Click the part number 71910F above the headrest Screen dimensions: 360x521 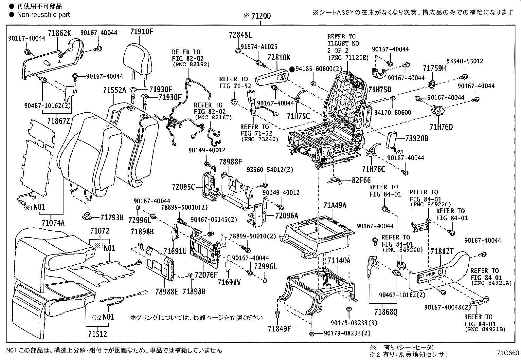click(x=141, y=32)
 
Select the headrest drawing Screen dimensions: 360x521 click(x=139, y=59)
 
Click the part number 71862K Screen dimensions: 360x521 click(x=59, y=33)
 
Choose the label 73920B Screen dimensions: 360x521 click(x=416, y=138)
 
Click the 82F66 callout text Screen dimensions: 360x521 click(x=361, y=180)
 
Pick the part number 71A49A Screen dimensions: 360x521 click(x=334, y=206)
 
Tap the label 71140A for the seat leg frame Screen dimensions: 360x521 click(x=339, y=261)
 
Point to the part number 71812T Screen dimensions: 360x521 click(x=442, y=251)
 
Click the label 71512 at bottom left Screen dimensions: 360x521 click(x=97, y=334)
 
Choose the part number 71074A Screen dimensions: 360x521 click(x=53, y=223)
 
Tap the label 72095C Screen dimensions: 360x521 click(x=183, y=187)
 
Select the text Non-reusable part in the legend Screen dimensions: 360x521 click(x=43, y=14)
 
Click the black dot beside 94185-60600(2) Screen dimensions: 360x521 click(x=292, y=69)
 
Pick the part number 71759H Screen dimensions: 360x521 click(x=434, y=68)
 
